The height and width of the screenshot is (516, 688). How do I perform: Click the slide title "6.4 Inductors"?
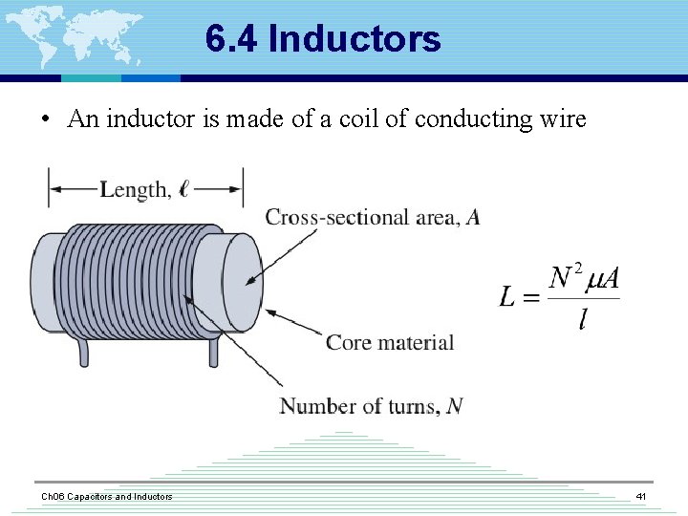pos(323,39)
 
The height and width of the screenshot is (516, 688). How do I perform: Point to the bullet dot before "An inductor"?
pos(44,120)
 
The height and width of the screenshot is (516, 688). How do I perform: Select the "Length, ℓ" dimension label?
pos(144,189)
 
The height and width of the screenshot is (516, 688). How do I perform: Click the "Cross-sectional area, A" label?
pos(372,218)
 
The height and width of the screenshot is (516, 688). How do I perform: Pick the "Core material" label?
pos(390,342)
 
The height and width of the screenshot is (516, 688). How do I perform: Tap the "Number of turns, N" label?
pos(371,406)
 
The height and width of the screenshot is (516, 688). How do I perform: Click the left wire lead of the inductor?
pos(84,352)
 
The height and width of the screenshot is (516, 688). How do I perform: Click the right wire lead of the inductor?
pos(213,352)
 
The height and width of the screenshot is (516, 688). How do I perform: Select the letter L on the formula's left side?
pos(508,297)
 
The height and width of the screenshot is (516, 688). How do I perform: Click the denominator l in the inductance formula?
pos(583,319)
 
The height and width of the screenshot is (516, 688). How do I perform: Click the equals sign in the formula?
pos(531,298)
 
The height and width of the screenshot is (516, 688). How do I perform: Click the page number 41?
pos(640,497)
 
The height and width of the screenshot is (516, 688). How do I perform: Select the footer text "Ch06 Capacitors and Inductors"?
pos(106,497)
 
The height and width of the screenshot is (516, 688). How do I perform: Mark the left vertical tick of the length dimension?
pos(49,187)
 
